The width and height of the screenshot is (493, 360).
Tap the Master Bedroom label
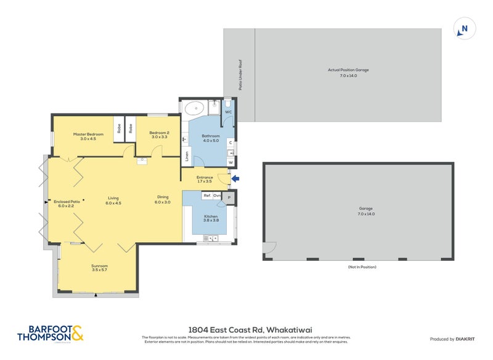tap(84, 136)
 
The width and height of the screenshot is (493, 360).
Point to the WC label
tap(227, 112)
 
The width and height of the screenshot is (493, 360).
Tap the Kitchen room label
tap(211, 218)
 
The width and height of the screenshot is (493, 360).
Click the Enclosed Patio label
tap(63, 203)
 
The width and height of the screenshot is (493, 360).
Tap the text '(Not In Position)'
tap(361, 267)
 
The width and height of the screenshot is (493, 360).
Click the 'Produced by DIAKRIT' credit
tap(455, 338)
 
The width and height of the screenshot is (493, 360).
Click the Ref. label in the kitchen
tap(207, 195)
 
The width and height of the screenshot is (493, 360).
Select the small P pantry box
tap(229, 197)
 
